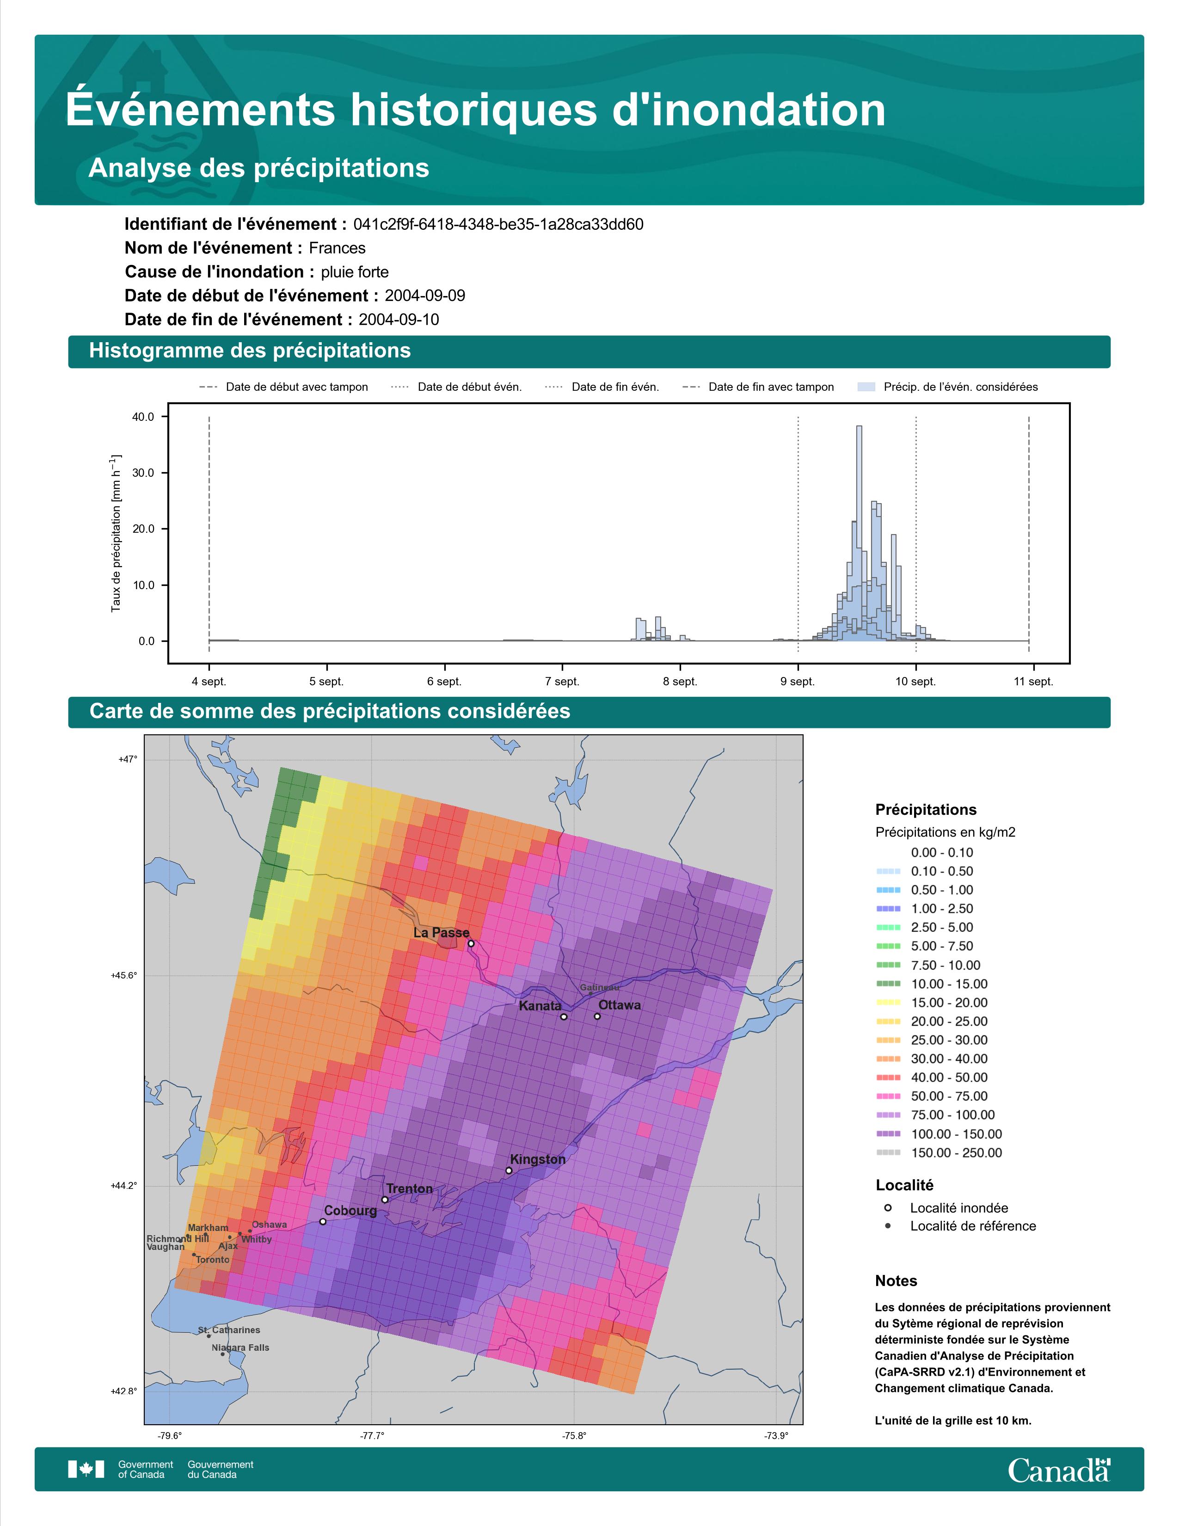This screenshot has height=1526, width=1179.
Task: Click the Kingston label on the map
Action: (x=538, y=1159)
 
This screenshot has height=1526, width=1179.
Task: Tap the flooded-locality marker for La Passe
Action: (x=471, y=943)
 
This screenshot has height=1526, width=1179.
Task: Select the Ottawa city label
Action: (x=620, y=1005)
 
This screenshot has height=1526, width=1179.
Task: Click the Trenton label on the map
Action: (x=409, y=1188)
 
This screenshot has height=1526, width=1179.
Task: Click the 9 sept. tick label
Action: (x=798, y=681)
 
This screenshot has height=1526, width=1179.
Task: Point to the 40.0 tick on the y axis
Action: (x=143, y=417)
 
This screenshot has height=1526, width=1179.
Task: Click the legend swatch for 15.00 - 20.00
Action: (x=888, y=1003)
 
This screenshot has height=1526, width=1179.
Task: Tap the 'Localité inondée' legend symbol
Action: (x=888, y=1207)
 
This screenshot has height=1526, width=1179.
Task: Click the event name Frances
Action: (x=338, y=248)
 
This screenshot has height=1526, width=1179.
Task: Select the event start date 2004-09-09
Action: (x=424, y=295)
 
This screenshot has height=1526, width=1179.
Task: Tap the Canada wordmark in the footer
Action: (x=1059, y=1470)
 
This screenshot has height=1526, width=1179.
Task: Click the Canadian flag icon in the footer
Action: (x=86, y=1470)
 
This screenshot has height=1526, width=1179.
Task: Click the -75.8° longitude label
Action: (x=574, y=1435)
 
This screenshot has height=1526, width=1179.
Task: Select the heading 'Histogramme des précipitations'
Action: (x=250, y=351)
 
